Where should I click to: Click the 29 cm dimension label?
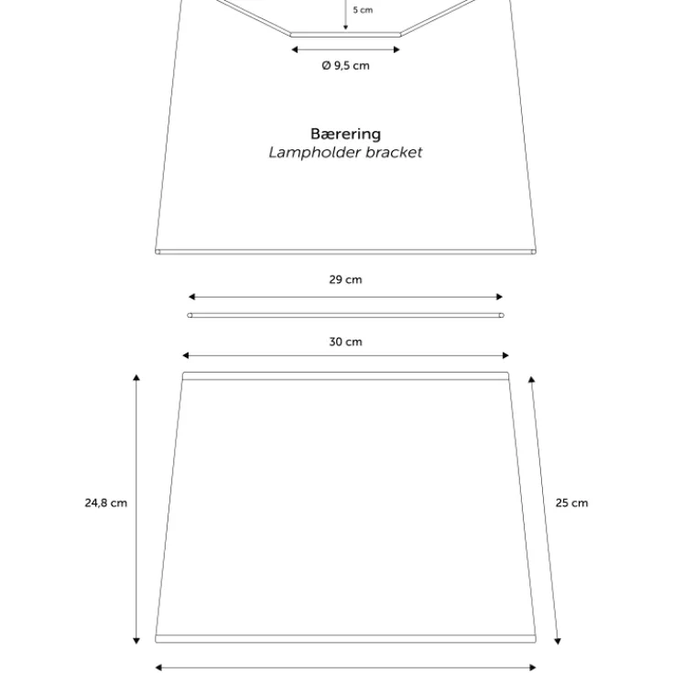click(x=345, y=279)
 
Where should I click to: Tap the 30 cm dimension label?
click(x=345, y=342)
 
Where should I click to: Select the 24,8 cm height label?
click(x=106, y=503)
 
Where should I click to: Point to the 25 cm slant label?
click(x=571, y=503)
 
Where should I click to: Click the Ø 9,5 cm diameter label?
click(x=345, y=66)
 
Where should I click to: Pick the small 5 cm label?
click(x=363, y=10)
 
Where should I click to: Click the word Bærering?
click(x=345, y=134)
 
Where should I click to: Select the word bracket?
click(x=394, y=152)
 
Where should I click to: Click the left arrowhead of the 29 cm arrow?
click(x=192, y=297)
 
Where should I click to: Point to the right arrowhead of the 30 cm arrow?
click(x=505, y=355)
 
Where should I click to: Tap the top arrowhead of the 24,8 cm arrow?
click(x=136, y=377)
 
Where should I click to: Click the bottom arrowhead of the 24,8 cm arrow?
click(x=136, y=641)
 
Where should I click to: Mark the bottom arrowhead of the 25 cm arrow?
click(x=558, y=641)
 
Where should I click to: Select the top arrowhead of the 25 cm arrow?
click(x=531, y=379)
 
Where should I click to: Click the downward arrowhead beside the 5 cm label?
click(x=345, y=27)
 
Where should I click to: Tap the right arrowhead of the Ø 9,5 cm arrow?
click(x=396, y=49)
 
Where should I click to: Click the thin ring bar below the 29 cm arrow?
click(x=345, y=316)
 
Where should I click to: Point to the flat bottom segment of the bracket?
click(x=345, y=35)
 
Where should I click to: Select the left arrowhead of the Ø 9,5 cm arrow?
click(x=295, y=49)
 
